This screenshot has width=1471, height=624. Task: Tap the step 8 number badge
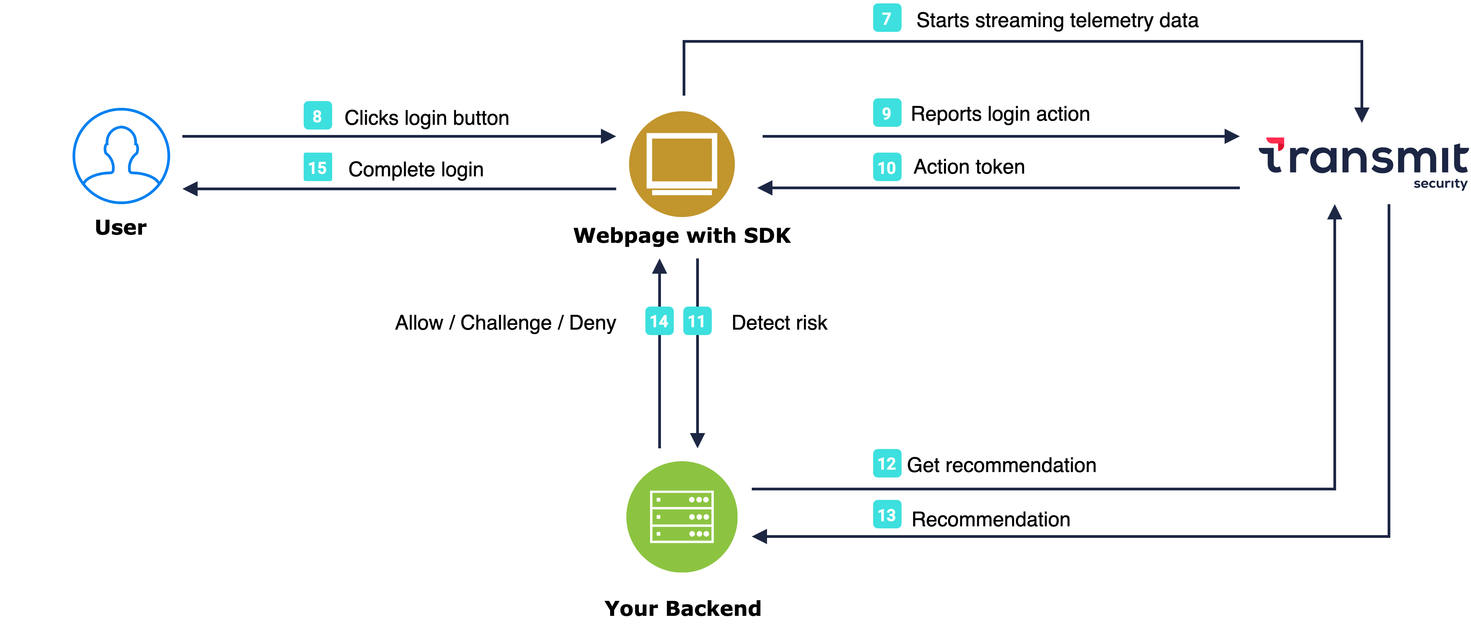pos(318,116)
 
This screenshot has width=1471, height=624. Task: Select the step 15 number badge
pos(318,168)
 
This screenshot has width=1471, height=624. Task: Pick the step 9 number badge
pos(887,113)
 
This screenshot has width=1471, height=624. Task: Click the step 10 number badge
pos(887,168)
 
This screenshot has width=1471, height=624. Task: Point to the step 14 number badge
pos(659,321)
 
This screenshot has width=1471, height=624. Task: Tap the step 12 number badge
pos(887,464)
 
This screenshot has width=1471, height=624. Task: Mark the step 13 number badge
pos(887,515)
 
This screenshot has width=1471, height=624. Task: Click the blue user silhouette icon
pos(121,156)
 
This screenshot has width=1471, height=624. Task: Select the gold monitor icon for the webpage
pos(682,164)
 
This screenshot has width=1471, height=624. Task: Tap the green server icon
pos(682,516)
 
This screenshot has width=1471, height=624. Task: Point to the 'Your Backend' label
pos(683,608)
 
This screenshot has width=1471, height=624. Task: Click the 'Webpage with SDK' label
pos(682,235)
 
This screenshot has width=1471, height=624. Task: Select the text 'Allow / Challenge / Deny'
pos(505,323)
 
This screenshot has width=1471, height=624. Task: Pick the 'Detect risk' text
pos(779,323)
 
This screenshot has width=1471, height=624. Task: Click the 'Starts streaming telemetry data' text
pos(1057,21)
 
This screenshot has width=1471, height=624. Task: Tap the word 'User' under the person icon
pos(120,228)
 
